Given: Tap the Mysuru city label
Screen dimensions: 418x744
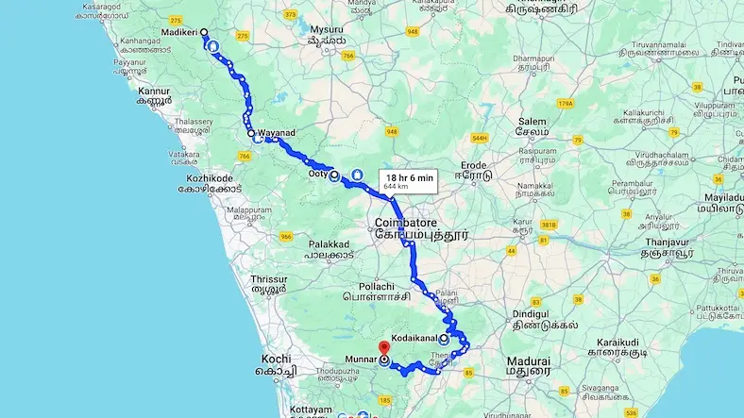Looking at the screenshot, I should click(313, 28).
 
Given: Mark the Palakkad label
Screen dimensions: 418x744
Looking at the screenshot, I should click(329, 242).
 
